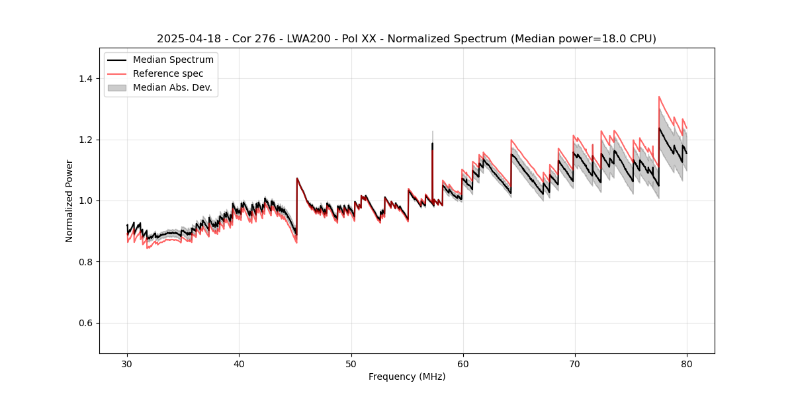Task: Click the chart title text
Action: tap(406, 39)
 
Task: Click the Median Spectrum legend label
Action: tap(173, 60)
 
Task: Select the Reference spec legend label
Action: tap(168, 73)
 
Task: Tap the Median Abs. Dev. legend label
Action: tap(172, 87)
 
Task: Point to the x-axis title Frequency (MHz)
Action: tap(407, 376)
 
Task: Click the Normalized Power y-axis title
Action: tap(69, 200)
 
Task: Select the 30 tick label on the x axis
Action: tap(127, 364)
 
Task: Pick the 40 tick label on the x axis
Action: tap(239, 364)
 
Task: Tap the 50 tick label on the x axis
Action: tap(351, 364)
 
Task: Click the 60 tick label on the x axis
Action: tap(463, 364)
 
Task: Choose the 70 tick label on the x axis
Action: tap(575, 364)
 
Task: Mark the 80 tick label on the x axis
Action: tap(687, 364)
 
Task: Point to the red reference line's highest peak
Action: tap(659, 97)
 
